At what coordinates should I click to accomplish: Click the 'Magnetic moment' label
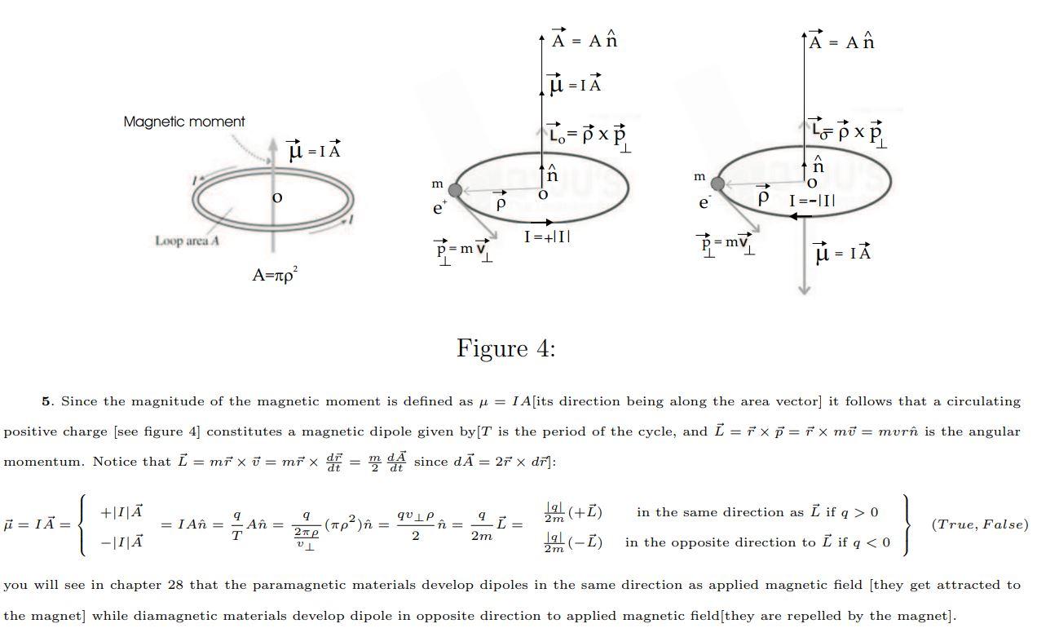click(x=183, y=122)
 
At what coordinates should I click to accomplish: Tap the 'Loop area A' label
click(x=188, y=241)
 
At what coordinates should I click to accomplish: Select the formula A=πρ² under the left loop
click(x=276, y=275)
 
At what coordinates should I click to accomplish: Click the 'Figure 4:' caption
click(x=505, y=348)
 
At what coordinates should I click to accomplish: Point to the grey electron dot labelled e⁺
click(x=455, y=190)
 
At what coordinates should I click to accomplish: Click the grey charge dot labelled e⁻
click(x=717, y=184)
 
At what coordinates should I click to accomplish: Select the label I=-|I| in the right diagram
click(x=812, y=201)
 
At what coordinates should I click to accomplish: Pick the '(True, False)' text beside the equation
click(x=979, y=524)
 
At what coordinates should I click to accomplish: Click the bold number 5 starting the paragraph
click(x=46, y=400)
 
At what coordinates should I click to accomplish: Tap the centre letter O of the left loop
click(x=277, y=197)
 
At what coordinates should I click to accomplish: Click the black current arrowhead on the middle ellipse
click(x=548, y=222)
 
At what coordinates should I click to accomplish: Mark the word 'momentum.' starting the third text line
click(x=43, y=462)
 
